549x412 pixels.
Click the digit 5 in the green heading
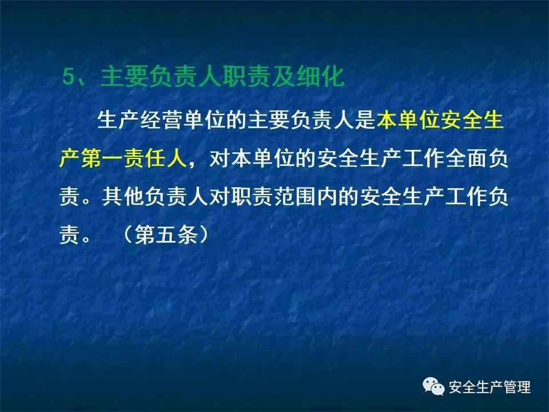pos(69,76)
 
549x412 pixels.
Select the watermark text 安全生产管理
pos(490,387)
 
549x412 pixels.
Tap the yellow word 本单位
pos(408,120)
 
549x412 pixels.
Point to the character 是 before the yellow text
pos(365,120)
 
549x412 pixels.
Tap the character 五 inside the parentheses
pos(166,235)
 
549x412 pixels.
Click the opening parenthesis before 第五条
pos(128,235)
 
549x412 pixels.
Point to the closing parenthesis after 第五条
pos(204,235)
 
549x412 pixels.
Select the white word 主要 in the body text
pos(268,120)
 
